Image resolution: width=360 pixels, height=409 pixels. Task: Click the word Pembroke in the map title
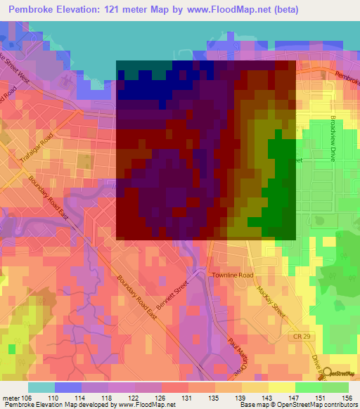coord(34,9)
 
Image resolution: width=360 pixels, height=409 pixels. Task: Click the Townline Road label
coord(232,275)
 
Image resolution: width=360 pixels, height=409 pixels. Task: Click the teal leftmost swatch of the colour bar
coord(41,387)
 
